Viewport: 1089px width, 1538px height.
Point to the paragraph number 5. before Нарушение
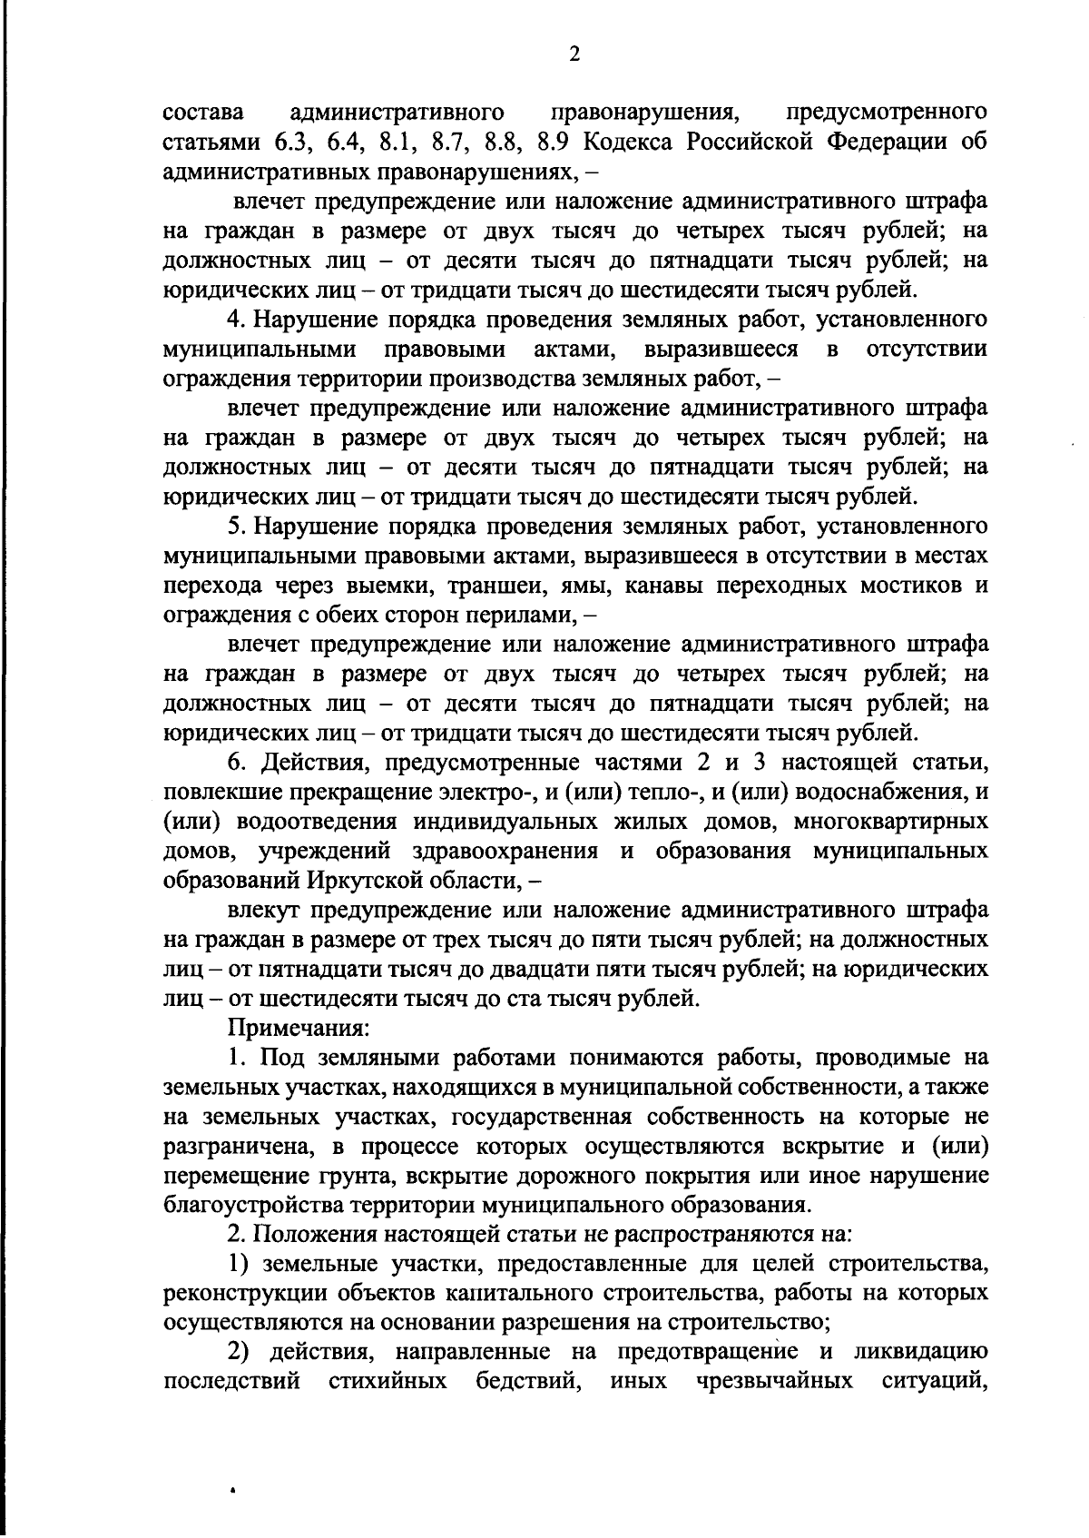click(236, 527)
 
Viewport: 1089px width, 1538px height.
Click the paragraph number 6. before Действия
click(238, 763)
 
